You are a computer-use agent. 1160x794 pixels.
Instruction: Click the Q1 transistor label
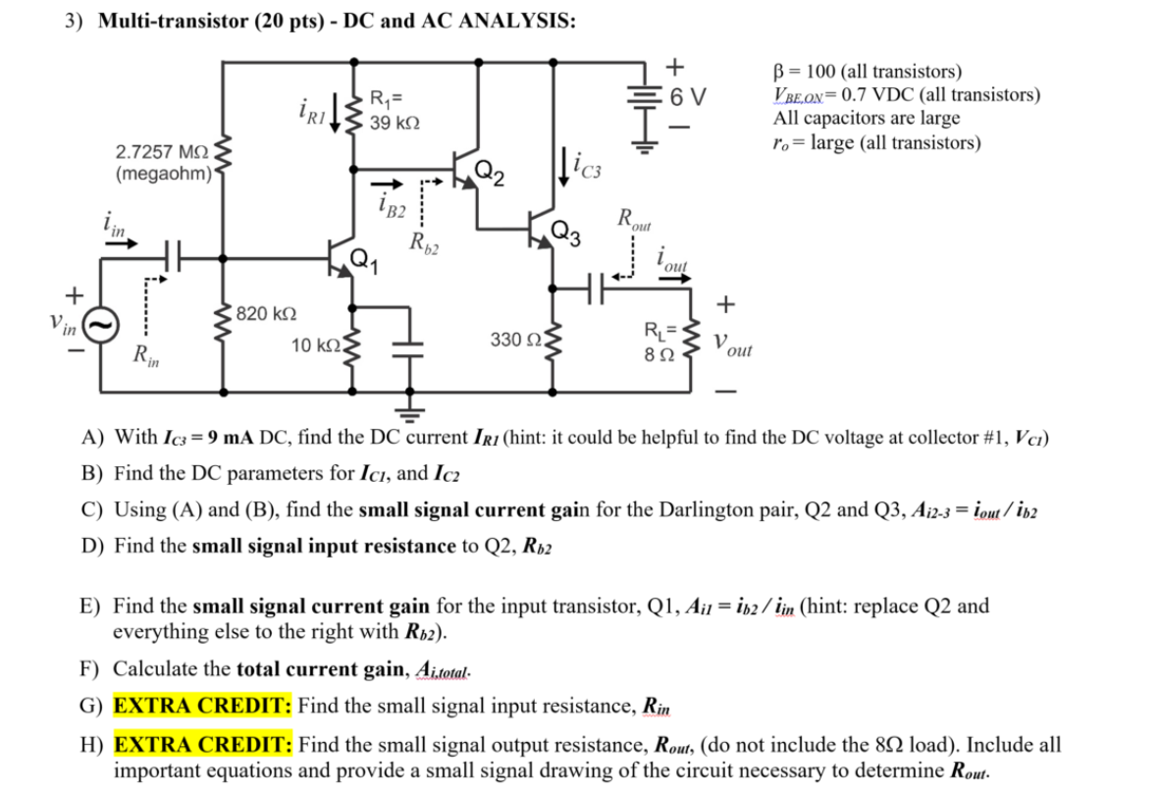pyautogui.click(x=360, y=260)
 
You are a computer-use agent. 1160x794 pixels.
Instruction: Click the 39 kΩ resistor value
pyautogui.click(x=395, y=123)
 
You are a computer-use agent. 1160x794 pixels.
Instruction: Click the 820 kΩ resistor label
pyautogui.click(x=267, y=313)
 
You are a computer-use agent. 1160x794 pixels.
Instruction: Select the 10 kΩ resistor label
pyautogui.click(x=315, y=345)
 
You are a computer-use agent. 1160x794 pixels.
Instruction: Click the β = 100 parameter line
pyautogui.click(x=868, y=72)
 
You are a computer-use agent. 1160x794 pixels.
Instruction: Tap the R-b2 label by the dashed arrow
pyautogui.click(x=424, y=241)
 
